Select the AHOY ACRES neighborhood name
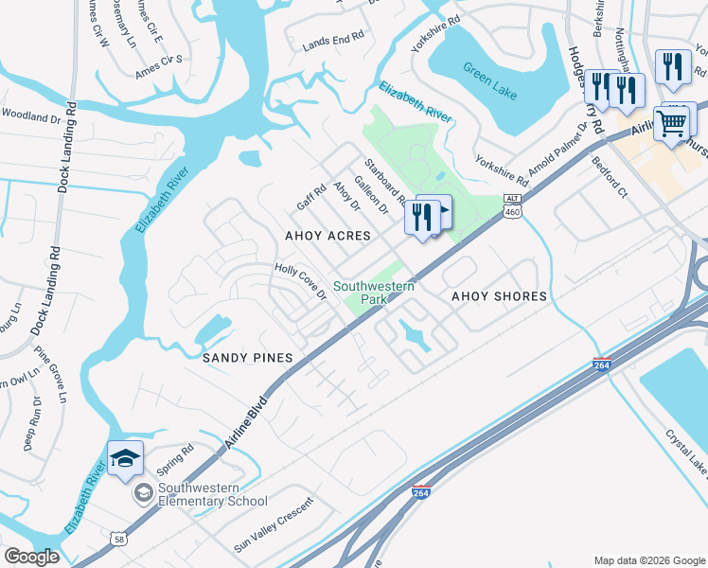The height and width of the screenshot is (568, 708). [327, 236]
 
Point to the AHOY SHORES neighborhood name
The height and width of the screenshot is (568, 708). [499, 296]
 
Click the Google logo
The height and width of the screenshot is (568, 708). [31, 557]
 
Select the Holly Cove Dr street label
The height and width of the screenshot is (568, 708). [300, 282]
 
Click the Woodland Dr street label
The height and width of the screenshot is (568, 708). [30, 117]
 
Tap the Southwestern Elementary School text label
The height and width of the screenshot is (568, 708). [213, 495]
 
